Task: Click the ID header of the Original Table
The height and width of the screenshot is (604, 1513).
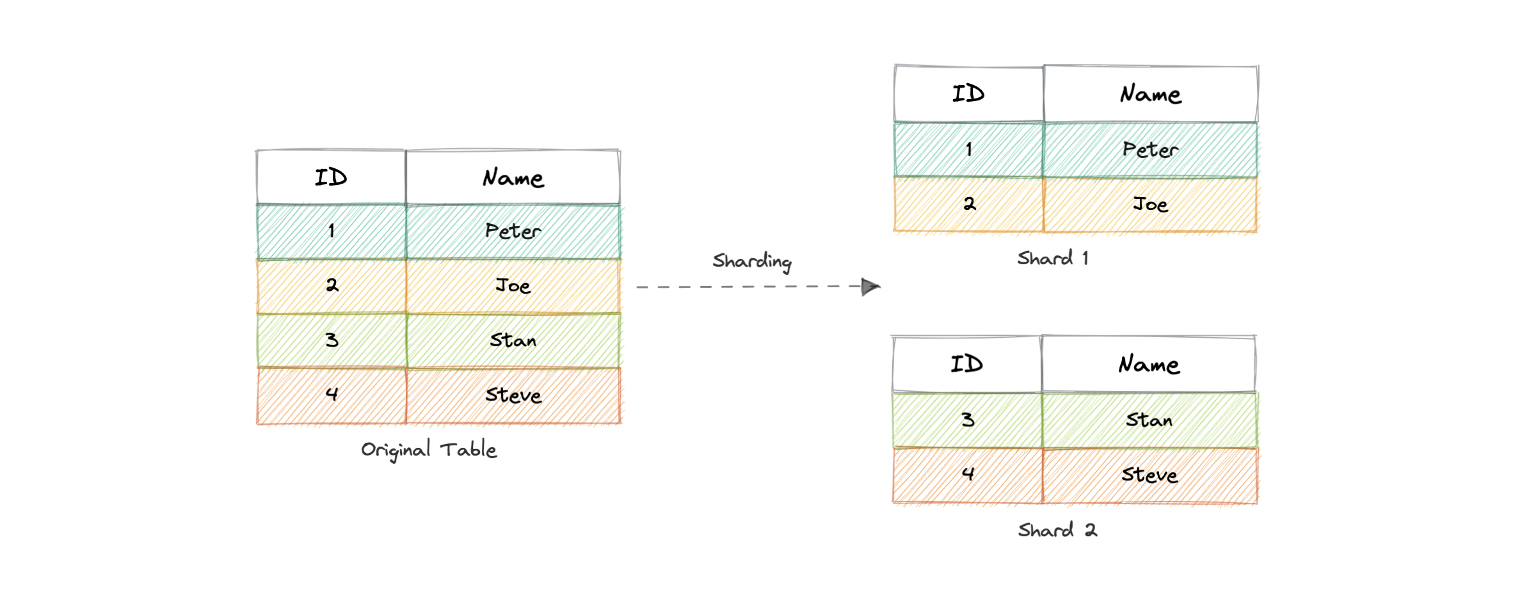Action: pos(331,177)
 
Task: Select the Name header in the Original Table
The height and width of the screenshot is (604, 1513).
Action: pos(513,178)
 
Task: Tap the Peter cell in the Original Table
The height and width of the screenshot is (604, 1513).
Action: pos(513,231)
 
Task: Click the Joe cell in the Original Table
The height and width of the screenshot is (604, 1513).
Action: pos(513,285)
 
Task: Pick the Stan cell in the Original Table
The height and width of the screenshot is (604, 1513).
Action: pos(513,340)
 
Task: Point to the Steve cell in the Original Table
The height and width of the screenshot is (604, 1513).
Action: pos(513,395)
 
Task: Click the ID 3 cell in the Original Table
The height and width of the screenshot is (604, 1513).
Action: pos(332,340)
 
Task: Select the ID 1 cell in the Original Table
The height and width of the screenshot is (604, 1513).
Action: pos(332,231)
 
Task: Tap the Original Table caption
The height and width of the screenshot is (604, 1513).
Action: pos(429,450)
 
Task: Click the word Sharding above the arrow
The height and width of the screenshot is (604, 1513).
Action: pos(752,261)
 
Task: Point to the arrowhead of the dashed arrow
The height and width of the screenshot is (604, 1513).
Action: pos(870,287)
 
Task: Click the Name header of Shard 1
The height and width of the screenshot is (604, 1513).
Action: pos(1150,94)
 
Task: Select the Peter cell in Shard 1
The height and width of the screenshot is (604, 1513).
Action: pos(1150,150)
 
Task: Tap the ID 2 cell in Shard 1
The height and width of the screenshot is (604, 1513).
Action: pos(969,204)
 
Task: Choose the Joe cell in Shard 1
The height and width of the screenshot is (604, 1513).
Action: pos(1150,205)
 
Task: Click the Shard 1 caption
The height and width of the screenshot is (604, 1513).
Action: pos(1053,258)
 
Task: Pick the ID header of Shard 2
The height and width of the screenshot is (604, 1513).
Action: pos(966,364)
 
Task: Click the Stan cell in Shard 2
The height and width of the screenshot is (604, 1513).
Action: pos(1149,420)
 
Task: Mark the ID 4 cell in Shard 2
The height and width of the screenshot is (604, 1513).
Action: pos(968,474)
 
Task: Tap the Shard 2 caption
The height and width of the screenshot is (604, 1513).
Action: pos(1057,530)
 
